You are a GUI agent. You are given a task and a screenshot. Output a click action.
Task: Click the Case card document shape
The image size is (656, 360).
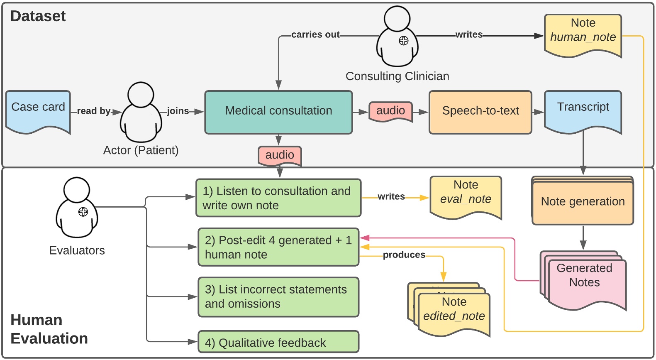click(38, 110)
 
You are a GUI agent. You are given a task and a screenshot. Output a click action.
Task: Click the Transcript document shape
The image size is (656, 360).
click(583, 110)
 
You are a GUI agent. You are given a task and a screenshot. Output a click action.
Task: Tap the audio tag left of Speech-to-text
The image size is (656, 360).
click(390, 111)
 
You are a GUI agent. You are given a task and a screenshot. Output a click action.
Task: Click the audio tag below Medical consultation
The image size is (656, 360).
click(280, 155)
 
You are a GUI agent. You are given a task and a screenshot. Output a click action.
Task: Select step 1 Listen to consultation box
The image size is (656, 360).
click(278, 198)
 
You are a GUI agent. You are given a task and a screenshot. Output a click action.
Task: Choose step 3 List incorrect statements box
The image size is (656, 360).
click(278, 297)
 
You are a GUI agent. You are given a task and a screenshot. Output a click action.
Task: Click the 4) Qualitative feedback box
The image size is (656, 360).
click(278, 342)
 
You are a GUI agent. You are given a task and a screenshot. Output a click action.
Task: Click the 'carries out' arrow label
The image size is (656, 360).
click(315, 35)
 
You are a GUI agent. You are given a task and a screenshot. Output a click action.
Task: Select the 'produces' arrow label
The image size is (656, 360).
click(404, 255)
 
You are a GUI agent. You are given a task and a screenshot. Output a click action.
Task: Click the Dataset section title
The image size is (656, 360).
click(38, 16)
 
